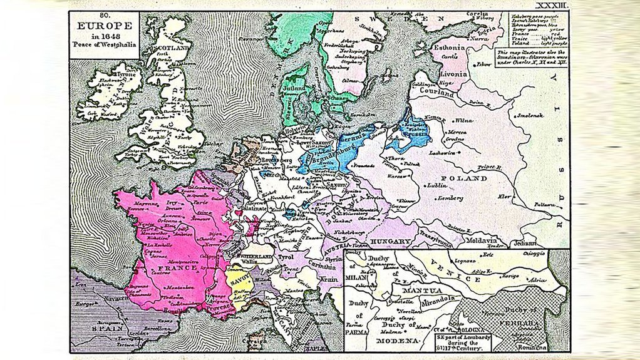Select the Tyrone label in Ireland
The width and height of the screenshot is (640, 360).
click(x=110, y=74)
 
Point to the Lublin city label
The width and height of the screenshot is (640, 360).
click(x=438, y=185)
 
